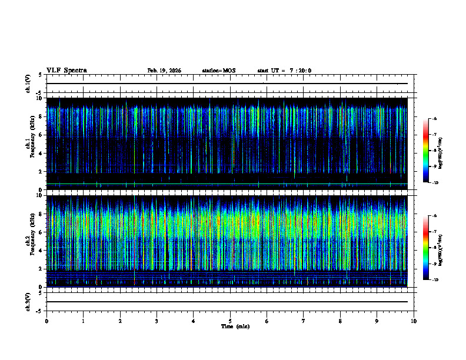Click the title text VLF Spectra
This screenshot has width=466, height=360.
pos(66,71)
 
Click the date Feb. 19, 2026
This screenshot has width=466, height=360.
pos(164,71)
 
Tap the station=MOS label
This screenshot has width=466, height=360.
pos(218,71)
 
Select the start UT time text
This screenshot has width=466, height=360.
pos(284,71)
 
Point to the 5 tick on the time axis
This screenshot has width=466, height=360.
pos(230,321)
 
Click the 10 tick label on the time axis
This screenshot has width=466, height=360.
pos(414,321)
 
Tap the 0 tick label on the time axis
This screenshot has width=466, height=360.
pos(46,321)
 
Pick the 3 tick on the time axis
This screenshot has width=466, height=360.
pos(157,321)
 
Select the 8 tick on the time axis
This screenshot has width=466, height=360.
pos(340,321)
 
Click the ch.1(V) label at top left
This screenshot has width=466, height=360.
pos(28,84)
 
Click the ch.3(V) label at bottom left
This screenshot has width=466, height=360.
pos(28,301)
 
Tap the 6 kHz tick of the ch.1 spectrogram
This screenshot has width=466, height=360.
pos(41,135)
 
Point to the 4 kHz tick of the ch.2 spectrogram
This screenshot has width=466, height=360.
pos(41,250)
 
